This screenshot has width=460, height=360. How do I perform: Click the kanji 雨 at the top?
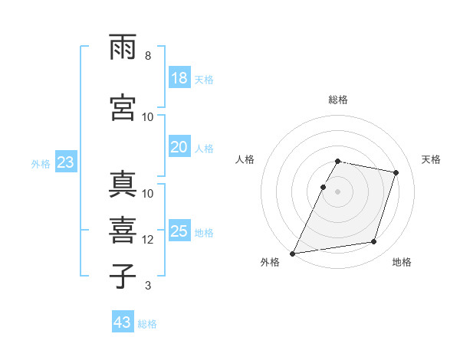point(123,47)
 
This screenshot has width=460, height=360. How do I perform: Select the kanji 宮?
point(123,107)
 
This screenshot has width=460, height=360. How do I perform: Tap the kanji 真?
point(123,184)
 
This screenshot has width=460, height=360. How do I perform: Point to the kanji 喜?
point(123,231)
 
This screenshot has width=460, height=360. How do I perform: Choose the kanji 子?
point(123,276)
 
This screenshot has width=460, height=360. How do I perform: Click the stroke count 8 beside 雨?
point(148,56)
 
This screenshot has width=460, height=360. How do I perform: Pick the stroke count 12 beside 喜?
point(147,240)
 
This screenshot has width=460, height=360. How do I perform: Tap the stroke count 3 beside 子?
point(148,285)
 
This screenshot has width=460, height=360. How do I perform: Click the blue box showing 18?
point(180,77)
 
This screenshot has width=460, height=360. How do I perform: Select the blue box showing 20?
point(180,146)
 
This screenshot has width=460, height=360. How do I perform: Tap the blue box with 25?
point(180,230)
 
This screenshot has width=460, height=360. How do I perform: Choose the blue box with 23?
point(66,162)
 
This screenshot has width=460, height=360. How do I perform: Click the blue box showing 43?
point(123,321)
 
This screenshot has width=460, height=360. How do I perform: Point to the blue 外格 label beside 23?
point(41,164)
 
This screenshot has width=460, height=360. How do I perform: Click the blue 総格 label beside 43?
point(147,324)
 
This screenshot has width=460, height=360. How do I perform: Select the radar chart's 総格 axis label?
point(338,100)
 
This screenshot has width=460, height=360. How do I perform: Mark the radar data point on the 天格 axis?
point(396,172)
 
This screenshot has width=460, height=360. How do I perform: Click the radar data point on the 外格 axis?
point(292,254)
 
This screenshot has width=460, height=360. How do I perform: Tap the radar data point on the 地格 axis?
point(374,242)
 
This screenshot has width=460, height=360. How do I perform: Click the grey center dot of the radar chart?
point(337,191)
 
